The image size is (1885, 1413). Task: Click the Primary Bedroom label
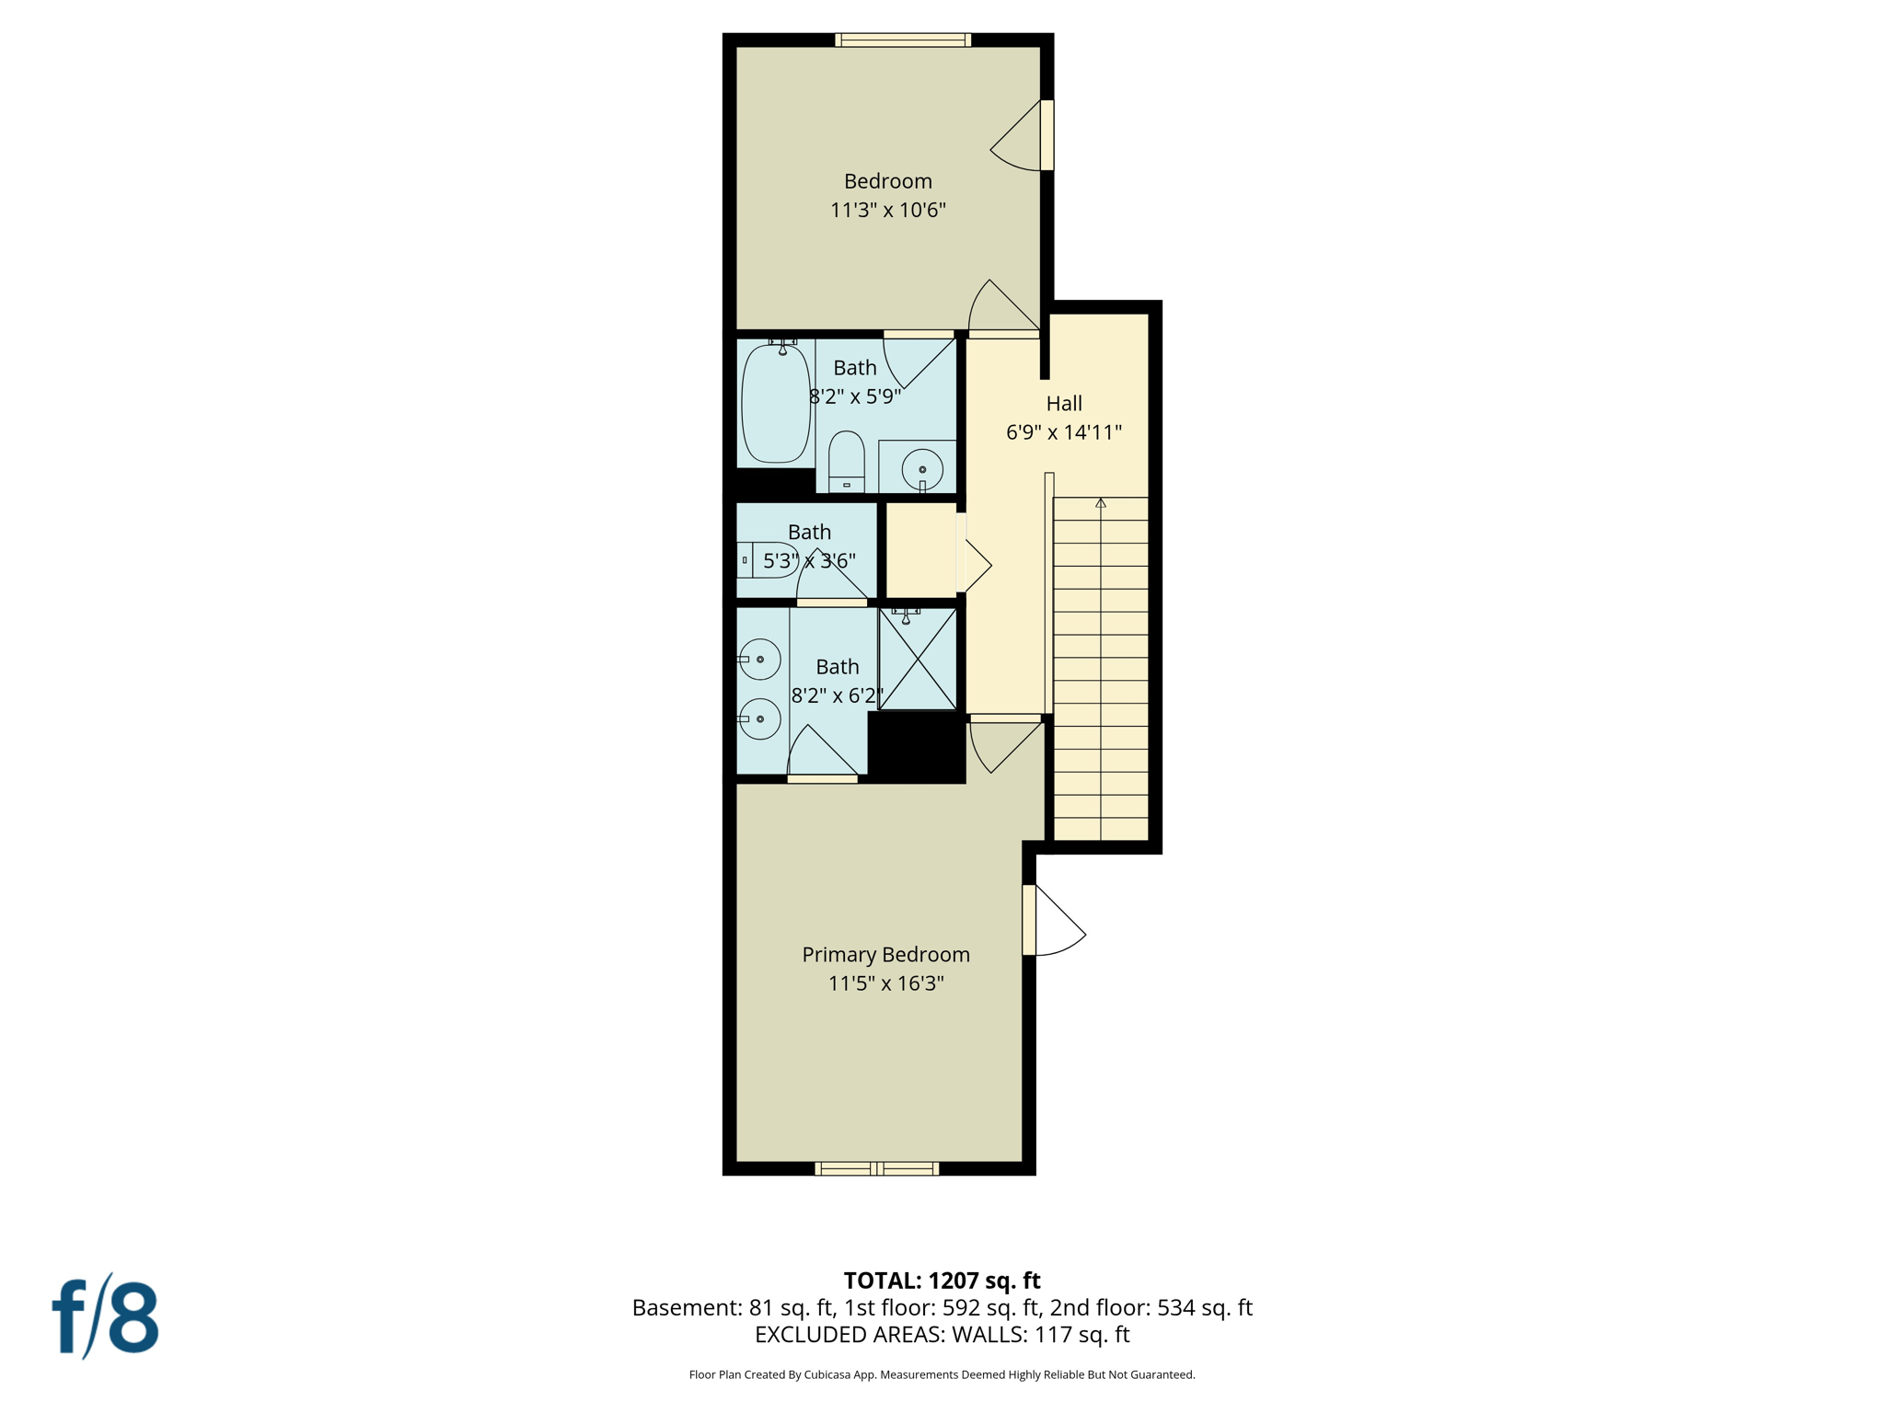pos(885,955)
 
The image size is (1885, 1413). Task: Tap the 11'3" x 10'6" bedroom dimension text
pos(887,210)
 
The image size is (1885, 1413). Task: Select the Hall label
pos(1064,403)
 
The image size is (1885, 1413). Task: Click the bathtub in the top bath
pos(776,404)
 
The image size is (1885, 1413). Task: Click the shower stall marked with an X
pos(918,659)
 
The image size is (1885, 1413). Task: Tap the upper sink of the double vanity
pos(760,660)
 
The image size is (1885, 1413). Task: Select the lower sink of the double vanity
pos(760,718)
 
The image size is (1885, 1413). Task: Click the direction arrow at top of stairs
pos(1101,503)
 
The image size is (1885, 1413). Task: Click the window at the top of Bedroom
pos(903,40)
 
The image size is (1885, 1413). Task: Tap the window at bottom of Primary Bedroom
pos(877,1168)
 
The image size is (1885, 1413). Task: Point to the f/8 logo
pos(105,1316)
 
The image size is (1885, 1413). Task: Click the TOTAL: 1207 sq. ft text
pos(942,1281)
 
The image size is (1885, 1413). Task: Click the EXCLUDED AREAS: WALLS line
pos(942,1335)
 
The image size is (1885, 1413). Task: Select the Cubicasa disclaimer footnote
pos(942,1374)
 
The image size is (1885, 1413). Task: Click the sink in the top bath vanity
pos(922,469)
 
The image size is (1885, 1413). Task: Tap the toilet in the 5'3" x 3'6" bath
pos(769,559)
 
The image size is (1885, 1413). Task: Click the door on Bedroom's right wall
pos(1022,136)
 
